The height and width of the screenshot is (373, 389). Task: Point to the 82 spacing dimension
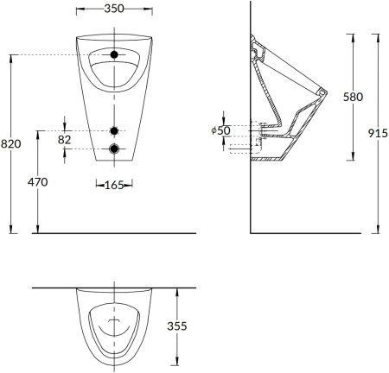66,139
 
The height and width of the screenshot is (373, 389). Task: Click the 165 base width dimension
113,185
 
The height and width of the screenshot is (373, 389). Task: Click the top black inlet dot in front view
114,55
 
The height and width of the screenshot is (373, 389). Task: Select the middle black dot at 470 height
114,130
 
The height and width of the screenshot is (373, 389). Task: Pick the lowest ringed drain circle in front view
114,149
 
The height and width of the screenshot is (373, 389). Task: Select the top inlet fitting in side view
256,47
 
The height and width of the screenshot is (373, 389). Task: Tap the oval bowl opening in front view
114,69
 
